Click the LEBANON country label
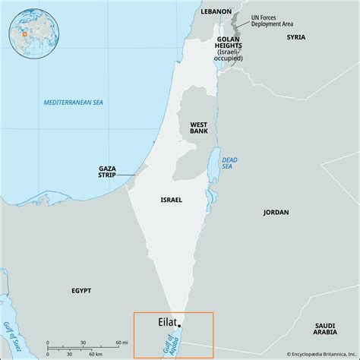pos(216,11)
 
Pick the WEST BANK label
pos(198,125)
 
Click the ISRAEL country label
pos(172,199)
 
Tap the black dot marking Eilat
pos(179,326)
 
